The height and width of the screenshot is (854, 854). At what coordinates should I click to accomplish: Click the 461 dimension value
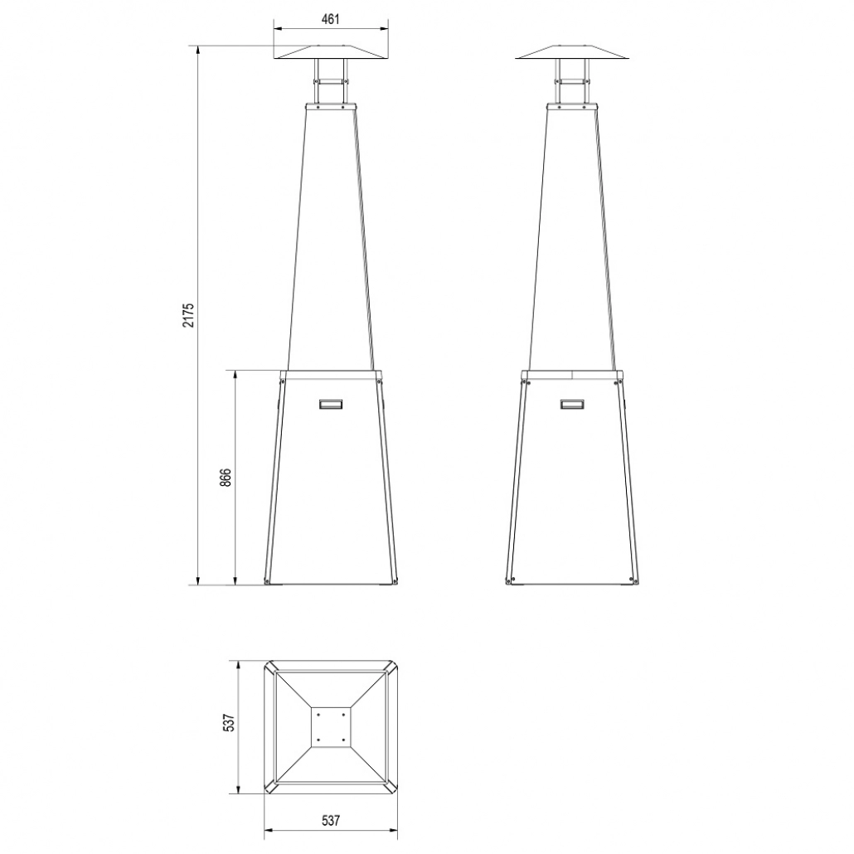pyautogui.click(x=330, y=18)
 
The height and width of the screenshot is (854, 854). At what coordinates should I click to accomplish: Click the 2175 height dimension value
pyautogui.click(x=189, y=315)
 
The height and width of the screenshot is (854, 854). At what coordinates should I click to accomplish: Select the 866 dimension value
pyautogui.click(x=226, y=479)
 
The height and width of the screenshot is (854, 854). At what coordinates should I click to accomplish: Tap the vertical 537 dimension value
pyautogui.click(x=230, y=723)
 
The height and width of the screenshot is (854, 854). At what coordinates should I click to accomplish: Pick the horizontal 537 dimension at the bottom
pyautogui.click(x=331, y=821)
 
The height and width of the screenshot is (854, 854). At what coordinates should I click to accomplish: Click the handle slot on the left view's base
pyautogui.click(x=330, y=404)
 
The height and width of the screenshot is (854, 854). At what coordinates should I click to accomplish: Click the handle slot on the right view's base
pyautogui.click(x=572, y=404)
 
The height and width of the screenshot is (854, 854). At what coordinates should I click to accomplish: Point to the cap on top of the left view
pyautogui.click(x=330, y=52)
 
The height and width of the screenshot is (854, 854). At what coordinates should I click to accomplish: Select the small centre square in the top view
pyautogui.click(x=330, y=726)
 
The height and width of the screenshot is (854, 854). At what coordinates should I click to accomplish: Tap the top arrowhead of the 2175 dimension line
pyautogui.click(x=197, y=49)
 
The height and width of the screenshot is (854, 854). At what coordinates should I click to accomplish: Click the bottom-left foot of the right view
pyautogui.click(x=511, y=581)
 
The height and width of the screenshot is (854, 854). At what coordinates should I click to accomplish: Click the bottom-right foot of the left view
pyautogui.click(x=392, y=581)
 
